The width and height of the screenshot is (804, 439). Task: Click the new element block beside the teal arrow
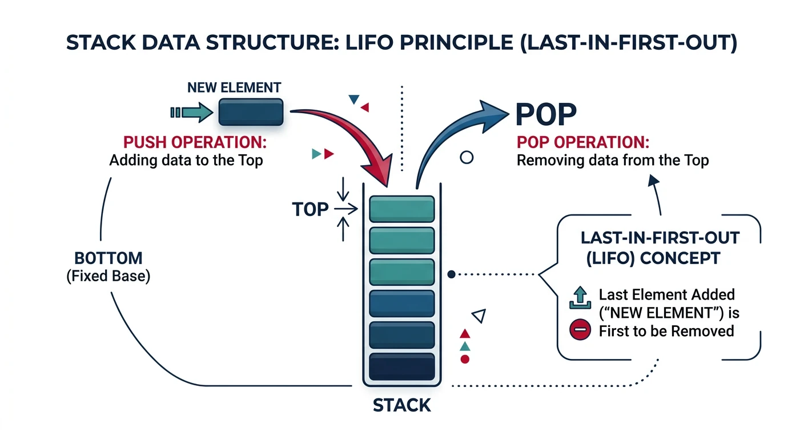pos(251,112)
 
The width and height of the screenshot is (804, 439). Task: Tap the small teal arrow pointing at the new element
pos(192,112)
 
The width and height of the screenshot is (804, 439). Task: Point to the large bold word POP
pos(545,114)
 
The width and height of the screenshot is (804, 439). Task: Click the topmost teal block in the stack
pos(403,209)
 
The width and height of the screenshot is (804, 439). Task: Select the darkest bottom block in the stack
pos(403,366)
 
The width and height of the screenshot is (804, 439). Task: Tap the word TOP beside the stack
pos(310,210)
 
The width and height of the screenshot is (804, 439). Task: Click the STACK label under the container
pos(401,405)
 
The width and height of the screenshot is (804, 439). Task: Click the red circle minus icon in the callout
pos(579,330)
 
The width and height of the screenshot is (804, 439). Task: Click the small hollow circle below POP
pos(467,158)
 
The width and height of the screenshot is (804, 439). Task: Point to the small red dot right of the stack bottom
pos(465,359)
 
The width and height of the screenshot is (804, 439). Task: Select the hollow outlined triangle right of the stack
pos(479,316)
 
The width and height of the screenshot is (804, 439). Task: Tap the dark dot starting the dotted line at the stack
pos(451,274)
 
